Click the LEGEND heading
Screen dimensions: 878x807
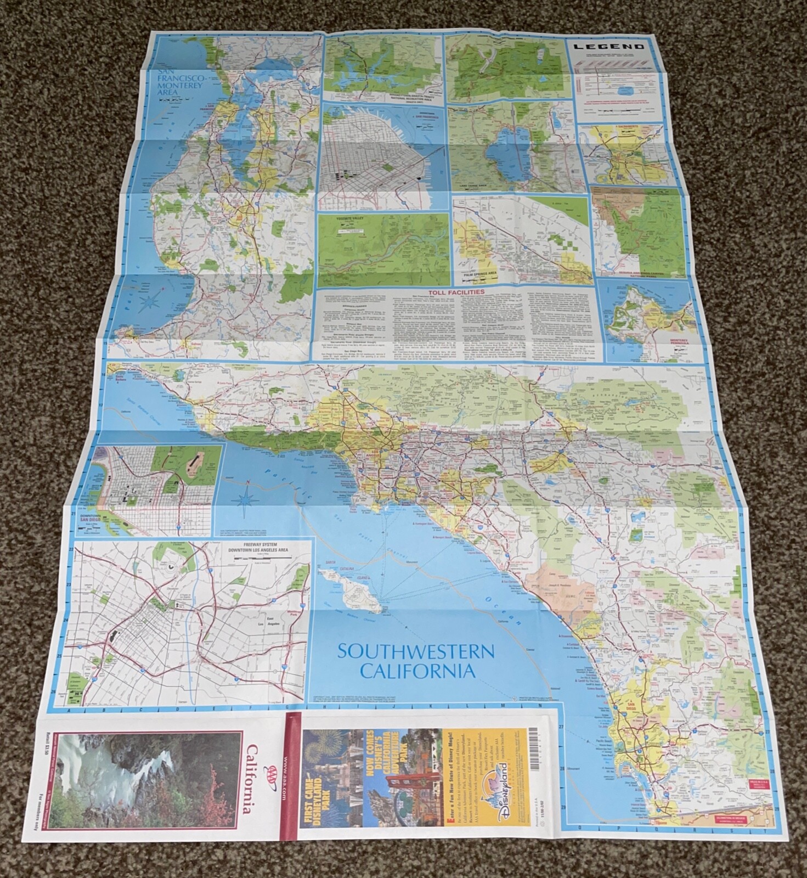613,47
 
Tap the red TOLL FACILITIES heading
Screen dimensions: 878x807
456,292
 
